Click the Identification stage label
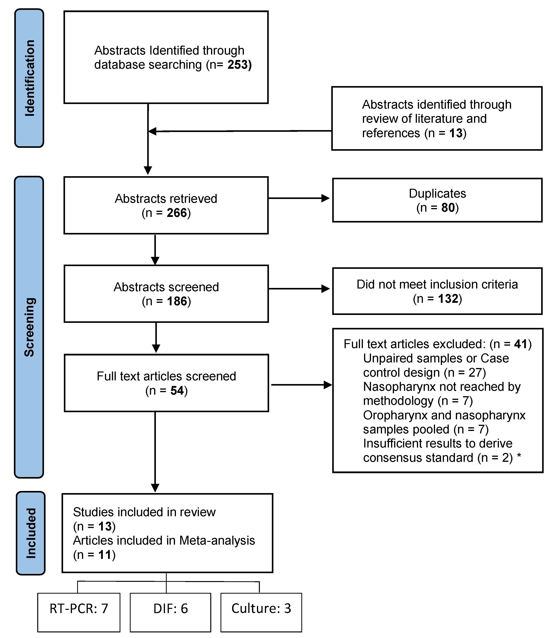click(30, 78)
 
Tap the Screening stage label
click(30, 327)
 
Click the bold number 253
click(237, 65)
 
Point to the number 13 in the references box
click(456, 133)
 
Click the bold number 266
click(177, 213)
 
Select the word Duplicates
click(437, 193)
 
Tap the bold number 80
click(448, 207)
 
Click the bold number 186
click(177, 301)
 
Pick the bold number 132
click(448, 298)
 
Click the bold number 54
click(177, 390)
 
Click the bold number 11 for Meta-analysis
click(105, 555)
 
